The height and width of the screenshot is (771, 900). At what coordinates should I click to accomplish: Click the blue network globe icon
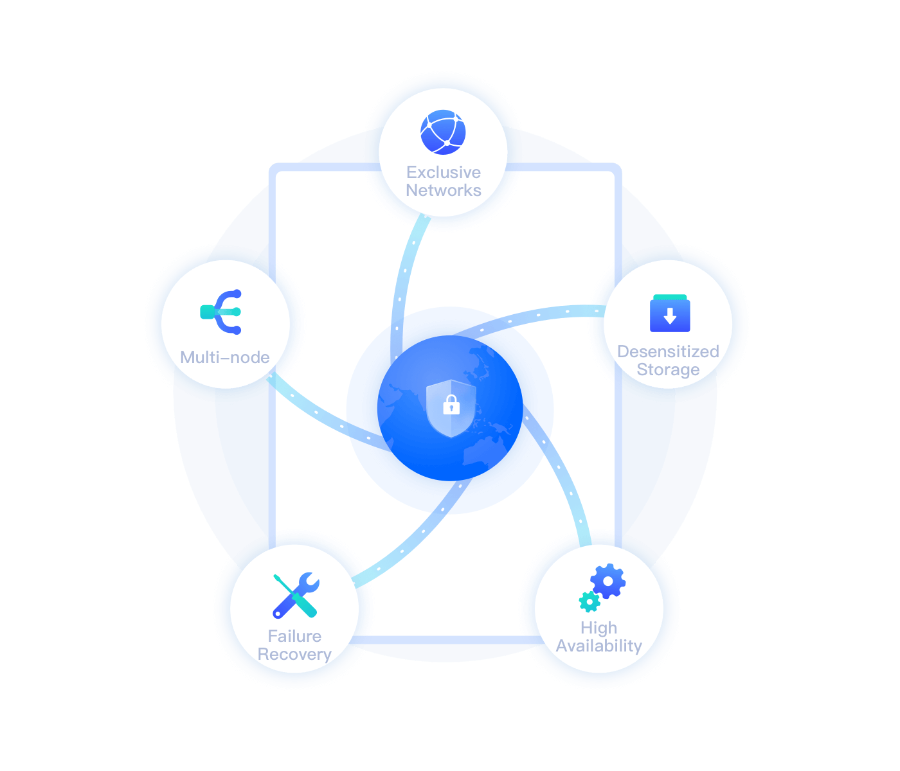443,132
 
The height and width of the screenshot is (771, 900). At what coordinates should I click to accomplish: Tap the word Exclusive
444,172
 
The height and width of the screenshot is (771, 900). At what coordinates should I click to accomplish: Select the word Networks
444,190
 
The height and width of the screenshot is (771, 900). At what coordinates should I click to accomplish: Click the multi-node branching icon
221,312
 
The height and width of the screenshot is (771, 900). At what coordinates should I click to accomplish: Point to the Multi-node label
224,357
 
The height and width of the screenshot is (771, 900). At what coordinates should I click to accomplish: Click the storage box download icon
670,314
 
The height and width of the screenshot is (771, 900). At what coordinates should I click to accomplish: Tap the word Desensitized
668,351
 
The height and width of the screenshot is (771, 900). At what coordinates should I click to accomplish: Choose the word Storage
668,370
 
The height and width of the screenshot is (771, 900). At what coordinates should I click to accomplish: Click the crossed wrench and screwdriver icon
296,595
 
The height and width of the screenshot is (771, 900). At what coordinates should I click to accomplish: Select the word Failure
295,636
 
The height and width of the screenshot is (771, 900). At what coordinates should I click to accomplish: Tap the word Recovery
295,655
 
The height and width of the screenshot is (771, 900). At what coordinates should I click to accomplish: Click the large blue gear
608,581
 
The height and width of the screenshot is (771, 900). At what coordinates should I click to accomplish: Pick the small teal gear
589,602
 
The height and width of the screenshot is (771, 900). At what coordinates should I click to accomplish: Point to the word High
598,628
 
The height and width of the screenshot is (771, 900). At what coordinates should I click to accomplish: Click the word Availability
598,646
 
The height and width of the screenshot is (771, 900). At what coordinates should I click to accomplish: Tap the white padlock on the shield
451,405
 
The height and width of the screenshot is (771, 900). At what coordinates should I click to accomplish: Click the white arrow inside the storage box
670,316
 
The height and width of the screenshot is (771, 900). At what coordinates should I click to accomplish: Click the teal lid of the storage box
670,297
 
